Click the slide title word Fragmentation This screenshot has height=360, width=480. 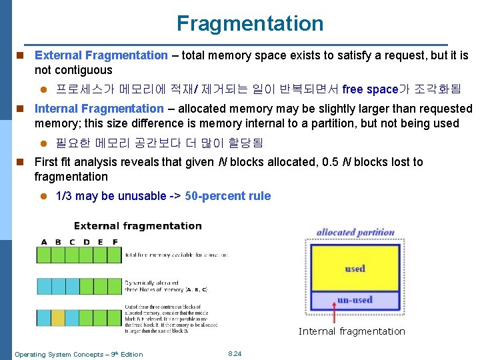250,24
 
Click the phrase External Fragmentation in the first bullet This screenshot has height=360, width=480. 101,55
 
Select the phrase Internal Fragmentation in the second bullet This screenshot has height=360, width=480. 99,108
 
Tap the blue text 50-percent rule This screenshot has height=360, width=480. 228,196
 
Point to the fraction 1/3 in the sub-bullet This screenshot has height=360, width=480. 63,196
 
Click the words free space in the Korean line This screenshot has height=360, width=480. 370,89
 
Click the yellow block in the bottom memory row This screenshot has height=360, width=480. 58,317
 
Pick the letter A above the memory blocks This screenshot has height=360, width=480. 44,241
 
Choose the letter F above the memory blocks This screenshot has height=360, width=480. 115,241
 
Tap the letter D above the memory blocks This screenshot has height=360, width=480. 87,241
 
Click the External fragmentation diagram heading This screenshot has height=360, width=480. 137,226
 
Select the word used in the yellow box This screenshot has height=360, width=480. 355,269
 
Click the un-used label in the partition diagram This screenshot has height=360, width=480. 354,300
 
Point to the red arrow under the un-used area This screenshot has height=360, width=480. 335,313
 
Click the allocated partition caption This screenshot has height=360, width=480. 355,233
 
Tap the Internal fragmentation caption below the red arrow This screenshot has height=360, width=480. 351,331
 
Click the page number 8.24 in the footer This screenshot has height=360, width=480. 235,353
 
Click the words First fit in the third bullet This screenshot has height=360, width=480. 54,162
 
